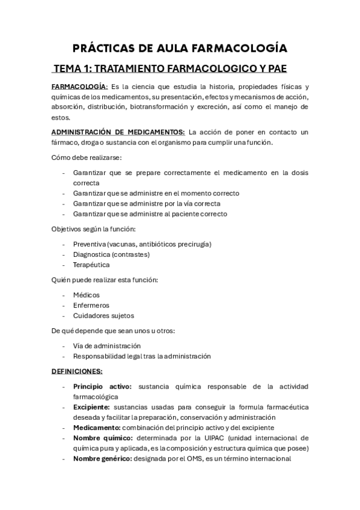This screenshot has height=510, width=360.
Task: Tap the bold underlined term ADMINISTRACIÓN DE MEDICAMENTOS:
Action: click(x=118, y=132)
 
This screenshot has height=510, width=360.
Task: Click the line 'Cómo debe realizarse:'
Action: click(x=87, y=157)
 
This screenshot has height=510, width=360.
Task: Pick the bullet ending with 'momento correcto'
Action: click(x=156, y=193)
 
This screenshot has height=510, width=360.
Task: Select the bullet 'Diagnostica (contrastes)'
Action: click(x=111, y=254)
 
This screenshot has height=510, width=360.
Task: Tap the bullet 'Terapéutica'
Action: click(x=91, y=264)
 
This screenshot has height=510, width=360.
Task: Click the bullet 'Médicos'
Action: click(x=87, y=295)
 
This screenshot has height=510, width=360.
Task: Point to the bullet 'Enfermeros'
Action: click(x=91, y=305)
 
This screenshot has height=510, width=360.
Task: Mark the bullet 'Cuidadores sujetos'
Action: click(x=103, y=315)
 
